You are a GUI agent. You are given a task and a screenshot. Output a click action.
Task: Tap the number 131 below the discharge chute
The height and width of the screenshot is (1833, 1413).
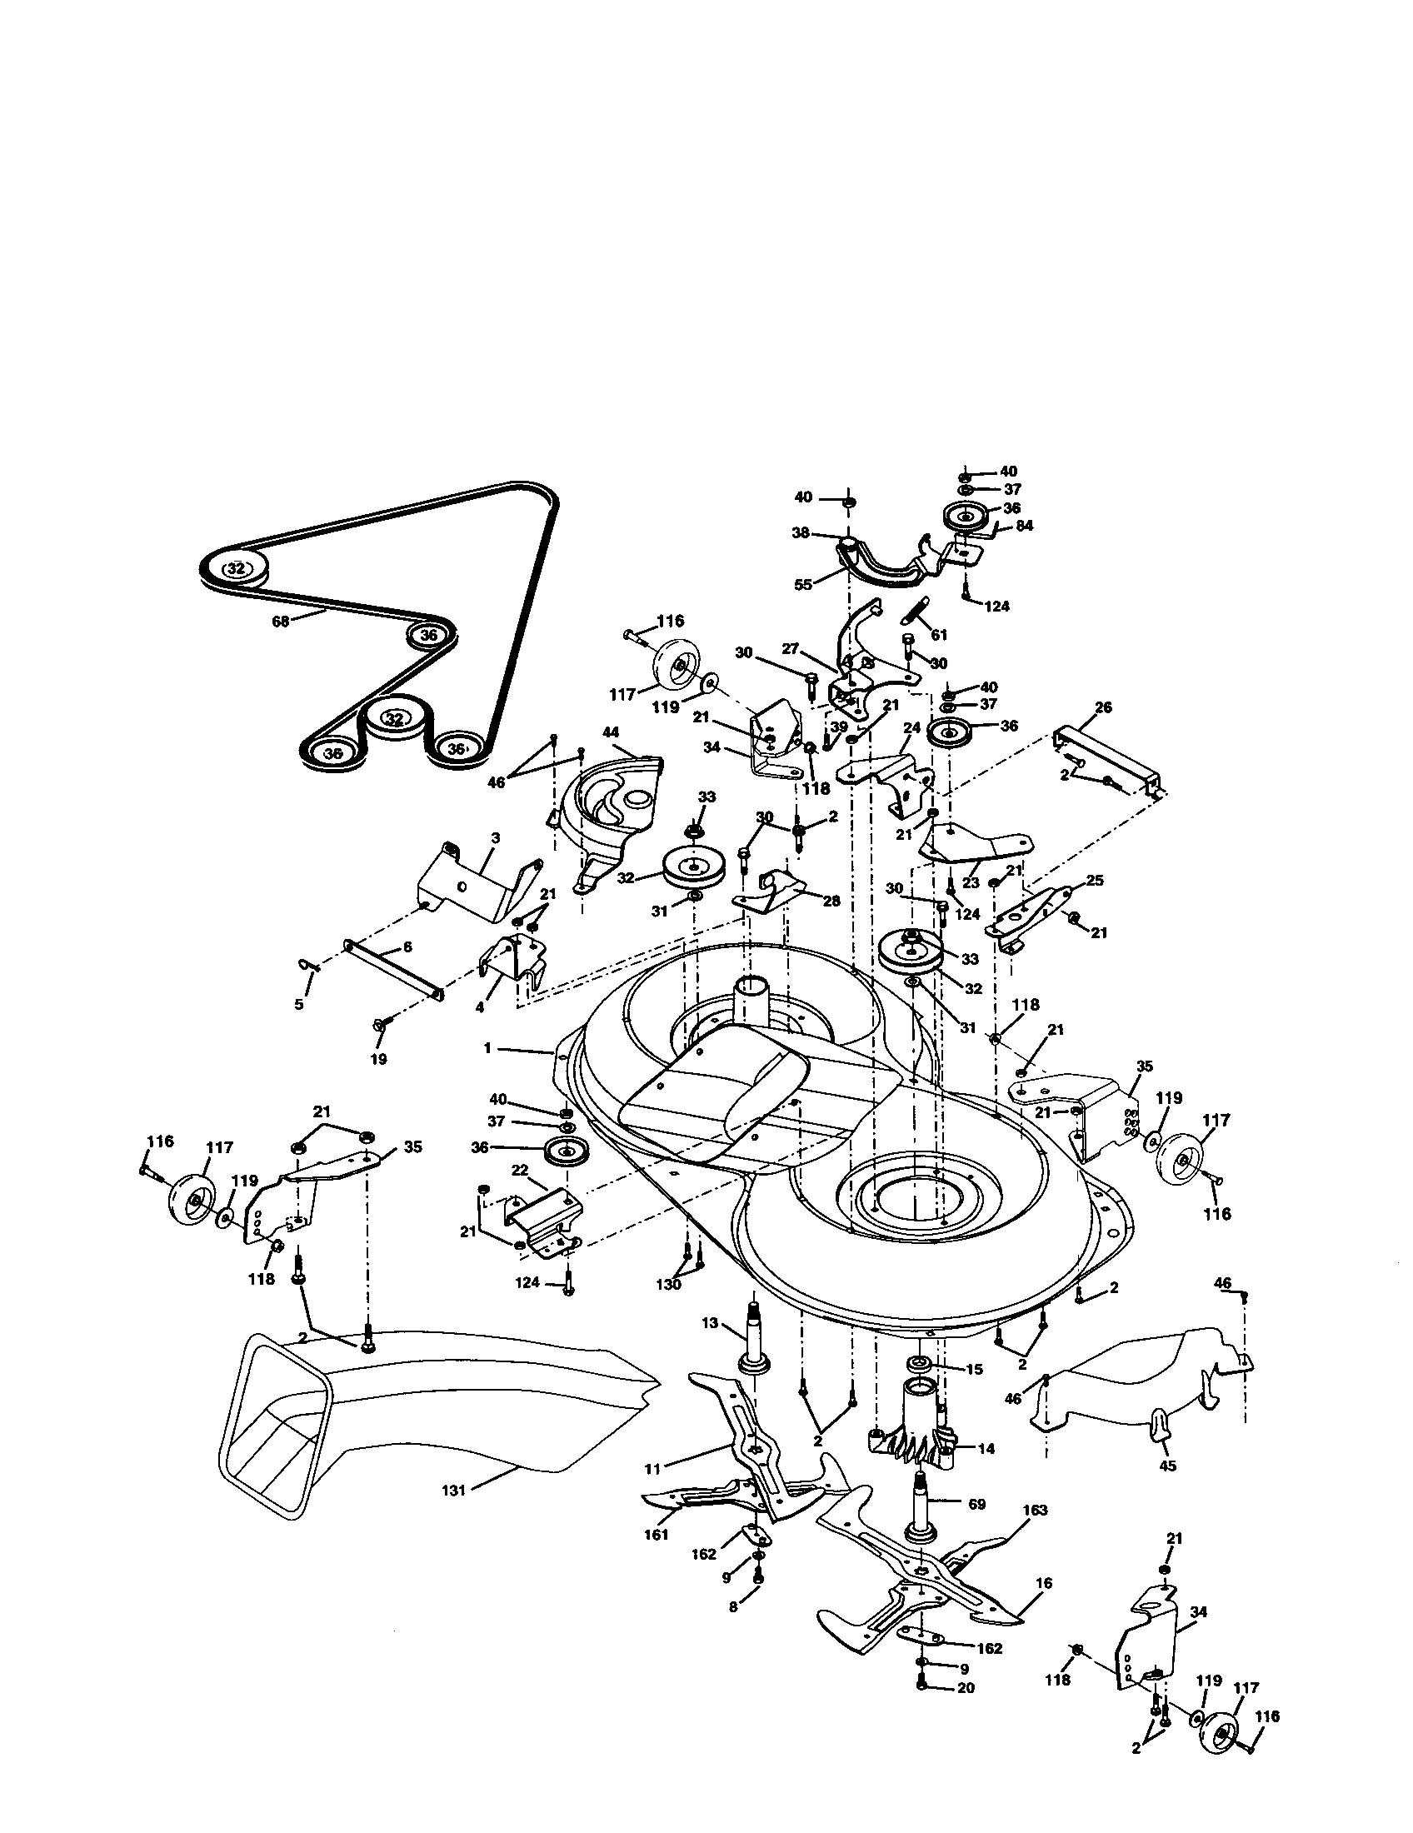453,1490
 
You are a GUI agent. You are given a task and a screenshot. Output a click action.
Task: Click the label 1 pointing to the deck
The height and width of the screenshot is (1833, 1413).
487,1048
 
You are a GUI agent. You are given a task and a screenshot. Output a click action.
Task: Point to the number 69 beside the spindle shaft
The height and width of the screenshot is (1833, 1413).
976,1504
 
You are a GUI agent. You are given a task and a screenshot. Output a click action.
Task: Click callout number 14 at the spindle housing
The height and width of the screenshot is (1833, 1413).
986,1448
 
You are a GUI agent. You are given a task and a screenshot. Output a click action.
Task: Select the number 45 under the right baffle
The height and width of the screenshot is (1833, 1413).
1167,1466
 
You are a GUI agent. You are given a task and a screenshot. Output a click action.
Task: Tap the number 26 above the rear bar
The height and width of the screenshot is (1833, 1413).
1103,707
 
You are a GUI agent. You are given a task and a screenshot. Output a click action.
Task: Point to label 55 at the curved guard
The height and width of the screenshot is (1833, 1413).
803,584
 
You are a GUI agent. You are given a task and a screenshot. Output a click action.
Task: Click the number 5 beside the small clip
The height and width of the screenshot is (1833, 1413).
300,1003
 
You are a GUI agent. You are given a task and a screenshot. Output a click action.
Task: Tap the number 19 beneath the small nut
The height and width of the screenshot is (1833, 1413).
378,1059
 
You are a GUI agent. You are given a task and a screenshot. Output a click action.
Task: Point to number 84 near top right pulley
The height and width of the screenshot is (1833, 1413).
1024,527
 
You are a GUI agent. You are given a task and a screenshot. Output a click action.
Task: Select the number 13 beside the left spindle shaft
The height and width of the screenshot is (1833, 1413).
710,1323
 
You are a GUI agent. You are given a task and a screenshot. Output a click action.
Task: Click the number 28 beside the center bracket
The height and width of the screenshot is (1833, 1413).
831,900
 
